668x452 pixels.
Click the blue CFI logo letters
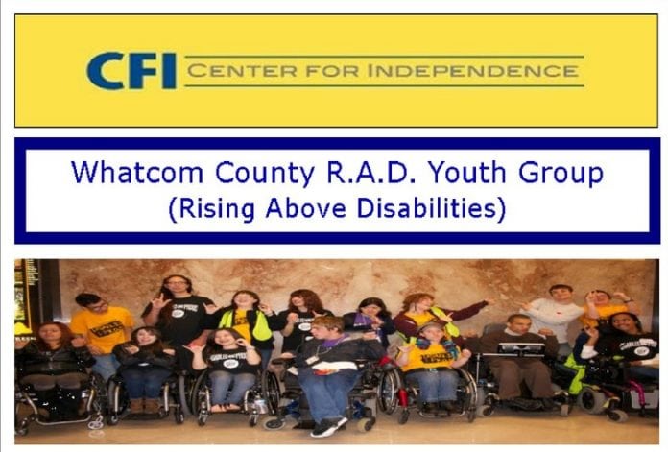[131, 71]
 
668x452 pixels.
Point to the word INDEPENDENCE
[473, 71]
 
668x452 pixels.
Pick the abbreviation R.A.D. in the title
[373, 173]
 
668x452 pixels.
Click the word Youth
[467, 173]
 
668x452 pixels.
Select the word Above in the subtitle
[306, 208]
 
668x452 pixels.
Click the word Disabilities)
[431, 209]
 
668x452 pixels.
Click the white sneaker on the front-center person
[327, 427]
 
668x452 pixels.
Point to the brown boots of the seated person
[144, 405]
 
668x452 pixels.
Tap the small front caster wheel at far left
[95, 423]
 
